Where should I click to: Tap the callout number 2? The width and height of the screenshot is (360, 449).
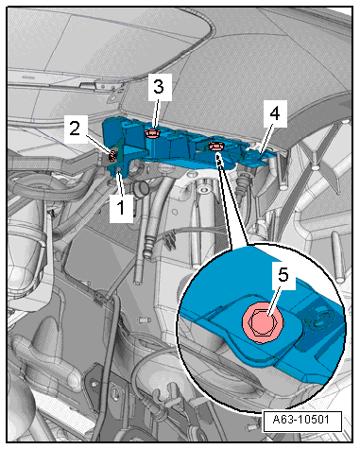75,129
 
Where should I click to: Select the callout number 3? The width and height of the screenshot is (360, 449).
159,86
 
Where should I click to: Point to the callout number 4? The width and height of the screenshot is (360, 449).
275,113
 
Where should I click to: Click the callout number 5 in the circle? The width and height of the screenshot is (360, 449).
283,275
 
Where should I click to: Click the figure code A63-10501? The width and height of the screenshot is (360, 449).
301,420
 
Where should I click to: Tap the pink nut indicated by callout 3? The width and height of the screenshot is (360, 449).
152,134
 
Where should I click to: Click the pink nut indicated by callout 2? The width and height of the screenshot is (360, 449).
112,156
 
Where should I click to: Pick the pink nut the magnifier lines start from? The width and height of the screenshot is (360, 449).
216,147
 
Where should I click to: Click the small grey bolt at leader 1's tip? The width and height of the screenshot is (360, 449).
119,171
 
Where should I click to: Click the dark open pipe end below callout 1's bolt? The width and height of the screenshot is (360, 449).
141,190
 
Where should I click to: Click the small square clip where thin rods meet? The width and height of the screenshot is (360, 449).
99,297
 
